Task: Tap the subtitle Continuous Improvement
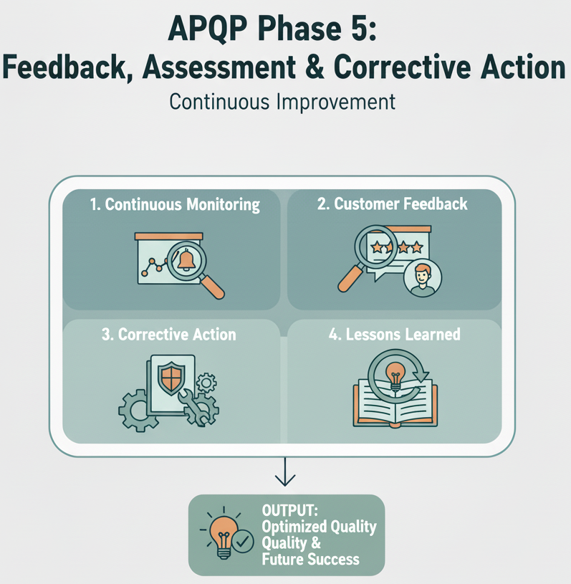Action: pos(282,101)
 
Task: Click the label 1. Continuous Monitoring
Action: pos(175,204)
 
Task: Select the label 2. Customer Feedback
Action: pos(392,204)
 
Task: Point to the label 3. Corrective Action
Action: pos(169,335)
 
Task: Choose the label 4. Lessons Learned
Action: pos(394,335)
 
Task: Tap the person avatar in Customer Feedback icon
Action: pos(423,279)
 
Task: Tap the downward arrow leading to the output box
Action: pos(285,474)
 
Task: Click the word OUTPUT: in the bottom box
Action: pos(289,512)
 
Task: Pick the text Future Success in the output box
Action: pos(310,558)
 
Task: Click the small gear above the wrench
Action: pos(207,383)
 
